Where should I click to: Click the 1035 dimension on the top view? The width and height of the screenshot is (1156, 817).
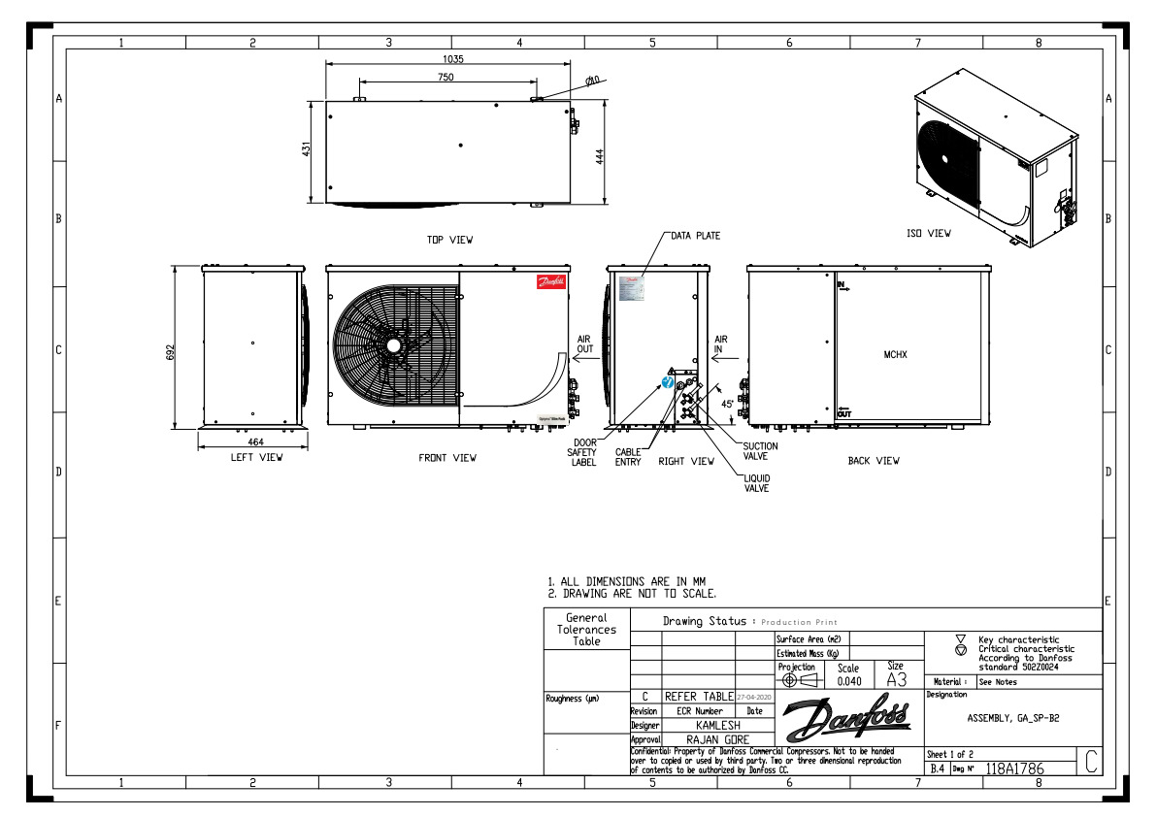pyautogui.click(x=451, y=58)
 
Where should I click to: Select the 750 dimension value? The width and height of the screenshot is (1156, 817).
pyautogui.click(x=445, y=77)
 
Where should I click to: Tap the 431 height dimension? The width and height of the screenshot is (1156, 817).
pyautogui.click(x=307, y=150)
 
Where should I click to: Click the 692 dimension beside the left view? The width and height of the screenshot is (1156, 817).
pyautogui.click(x=170, y=350)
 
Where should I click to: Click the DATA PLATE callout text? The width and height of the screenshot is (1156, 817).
pyautogui.click(x=695, y=236)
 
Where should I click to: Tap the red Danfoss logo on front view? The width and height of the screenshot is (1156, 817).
pyautogui.click(x=549, y=282)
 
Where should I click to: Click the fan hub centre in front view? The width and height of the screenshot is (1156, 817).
pyautogui.click(x=393, y=344)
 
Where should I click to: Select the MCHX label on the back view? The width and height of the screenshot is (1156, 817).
pyautogui.click(x=894, y=355)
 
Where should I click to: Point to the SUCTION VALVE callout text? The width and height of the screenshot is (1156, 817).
pyautogui.click(x=760, y=450)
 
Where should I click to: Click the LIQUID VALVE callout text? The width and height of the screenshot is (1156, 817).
pyautogui.click(x=756, y=483)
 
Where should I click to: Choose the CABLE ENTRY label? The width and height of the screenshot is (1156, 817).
pyautogui.click(x=628, y=456)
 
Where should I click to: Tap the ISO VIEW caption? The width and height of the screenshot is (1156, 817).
pyautogui.click(x=928, y=233)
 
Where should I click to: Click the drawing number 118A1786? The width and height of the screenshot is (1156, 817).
pyautogui.click(x=1013, y=768)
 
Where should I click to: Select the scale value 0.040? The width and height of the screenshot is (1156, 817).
pyautogui.click(x=848, y=681)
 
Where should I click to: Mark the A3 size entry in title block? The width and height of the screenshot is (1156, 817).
pyautogui.click(x=895, y=680)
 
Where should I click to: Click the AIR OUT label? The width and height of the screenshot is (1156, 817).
pyautogui.click(x=584, y=344)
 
